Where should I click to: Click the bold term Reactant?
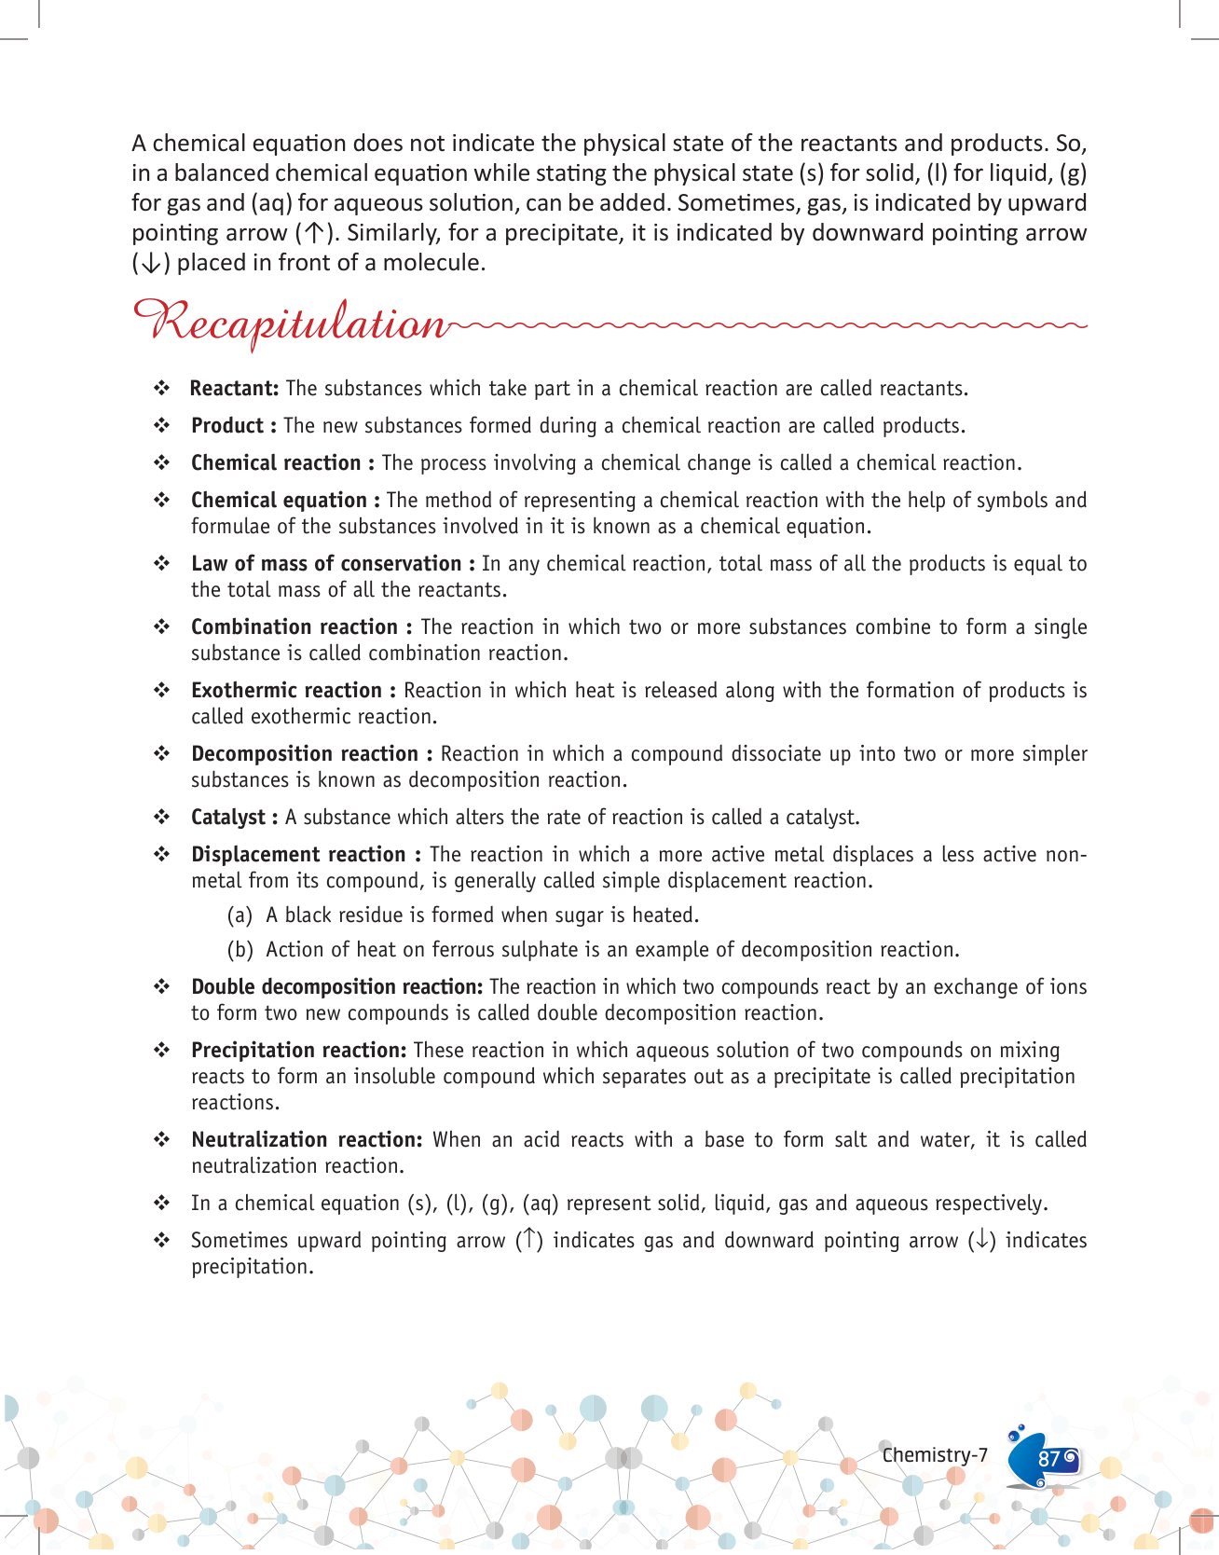[234, 389]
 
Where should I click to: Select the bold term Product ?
[233, 426]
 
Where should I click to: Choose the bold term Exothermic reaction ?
[293, 691]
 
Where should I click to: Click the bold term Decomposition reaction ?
[311, 754]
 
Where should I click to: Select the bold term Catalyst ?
[234, 818]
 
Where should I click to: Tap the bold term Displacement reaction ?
[306, 855]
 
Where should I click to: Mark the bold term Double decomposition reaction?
[336, 987]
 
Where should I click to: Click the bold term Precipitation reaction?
[298, 1051]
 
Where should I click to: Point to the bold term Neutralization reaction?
[307, 1140]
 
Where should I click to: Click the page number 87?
[1048, 1459]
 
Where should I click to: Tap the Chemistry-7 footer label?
[935, 1455]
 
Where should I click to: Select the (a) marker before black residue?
[240, 915]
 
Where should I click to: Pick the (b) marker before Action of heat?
[240, 950]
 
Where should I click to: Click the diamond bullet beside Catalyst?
[162, 818]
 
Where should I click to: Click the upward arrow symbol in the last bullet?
[528, 1240]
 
